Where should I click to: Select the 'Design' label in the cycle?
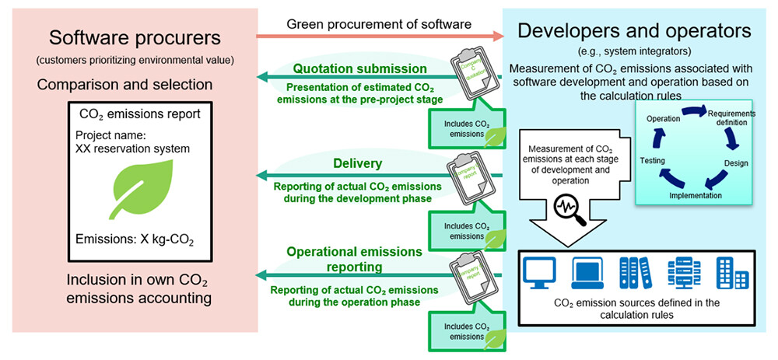tap(736, 164)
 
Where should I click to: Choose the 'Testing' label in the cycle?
tap(651, 159)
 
